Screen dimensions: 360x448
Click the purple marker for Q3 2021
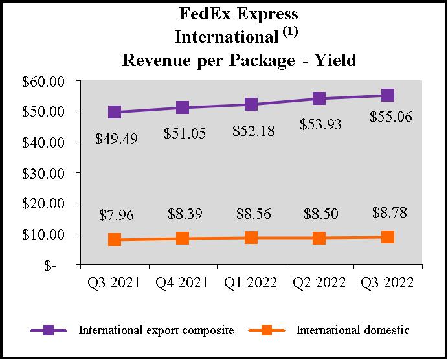coord(115,112)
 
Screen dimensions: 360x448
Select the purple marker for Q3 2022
coord(388,95)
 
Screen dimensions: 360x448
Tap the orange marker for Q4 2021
coord(183,238)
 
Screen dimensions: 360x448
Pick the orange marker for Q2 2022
coord(319,238)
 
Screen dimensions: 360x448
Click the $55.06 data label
coord(391,117)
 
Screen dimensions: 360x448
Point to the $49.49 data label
coord(117,139)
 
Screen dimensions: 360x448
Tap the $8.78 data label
coord(390,212)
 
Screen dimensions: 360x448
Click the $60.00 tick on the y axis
coord(49,82)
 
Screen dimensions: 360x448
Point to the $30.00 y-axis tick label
coord(49,173)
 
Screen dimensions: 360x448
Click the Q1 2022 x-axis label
coord(251,283)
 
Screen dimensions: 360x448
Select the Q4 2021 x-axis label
coord(183,283)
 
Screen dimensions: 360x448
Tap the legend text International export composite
coord(156,330)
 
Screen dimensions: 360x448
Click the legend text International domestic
coord(353,330)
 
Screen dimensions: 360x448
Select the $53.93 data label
coord(321,124)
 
